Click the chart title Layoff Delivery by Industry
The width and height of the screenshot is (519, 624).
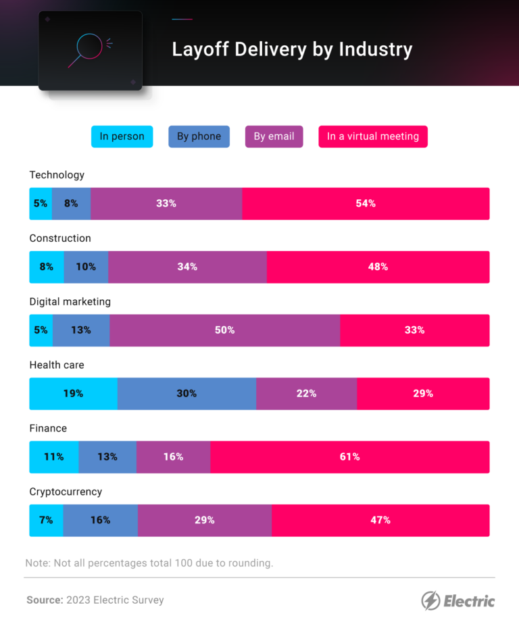[292, 49]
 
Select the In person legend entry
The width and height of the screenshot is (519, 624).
[122, 136]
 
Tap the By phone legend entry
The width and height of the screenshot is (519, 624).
[199, 136]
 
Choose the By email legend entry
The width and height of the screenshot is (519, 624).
[274, 136]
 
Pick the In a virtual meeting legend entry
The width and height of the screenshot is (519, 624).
[373, 136]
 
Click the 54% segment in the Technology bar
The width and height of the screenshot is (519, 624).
[366, 203]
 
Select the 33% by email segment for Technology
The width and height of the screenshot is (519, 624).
[166, 203]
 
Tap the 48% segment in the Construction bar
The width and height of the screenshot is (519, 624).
[378, 267]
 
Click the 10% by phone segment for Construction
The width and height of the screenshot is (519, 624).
[86, 267]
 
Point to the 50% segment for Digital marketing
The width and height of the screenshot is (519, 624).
[225, 330]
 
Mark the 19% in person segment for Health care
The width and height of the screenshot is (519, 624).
[73, 394]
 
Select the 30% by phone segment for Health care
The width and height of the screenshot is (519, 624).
[187, 394]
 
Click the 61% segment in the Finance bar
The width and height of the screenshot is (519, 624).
[349, 457]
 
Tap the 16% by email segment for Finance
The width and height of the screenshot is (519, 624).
[173, 457]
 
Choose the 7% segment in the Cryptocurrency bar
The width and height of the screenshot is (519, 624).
[46, 520]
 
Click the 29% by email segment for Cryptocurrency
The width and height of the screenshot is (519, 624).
[205, 520]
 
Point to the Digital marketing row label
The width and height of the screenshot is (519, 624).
[70, 302]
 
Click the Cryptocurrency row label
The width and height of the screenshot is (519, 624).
[66, 492]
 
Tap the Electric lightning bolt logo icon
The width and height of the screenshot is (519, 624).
[430, 600]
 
